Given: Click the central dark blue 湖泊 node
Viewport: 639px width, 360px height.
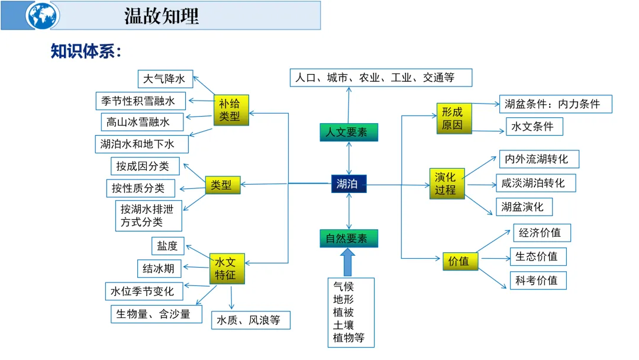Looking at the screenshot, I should pos(348,184).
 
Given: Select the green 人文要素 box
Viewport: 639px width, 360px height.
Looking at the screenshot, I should pos(348,132).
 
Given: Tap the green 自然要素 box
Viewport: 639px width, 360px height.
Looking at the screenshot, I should pos(348,238).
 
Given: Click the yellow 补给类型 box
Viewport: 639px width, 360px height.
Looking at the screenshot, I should pos(231,110).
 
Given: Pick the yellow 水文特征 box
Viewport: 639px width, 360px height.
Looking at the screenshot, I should pos(227,268).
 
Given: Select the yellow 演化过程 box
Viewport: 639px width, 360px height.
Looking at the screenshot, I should pos(447,183).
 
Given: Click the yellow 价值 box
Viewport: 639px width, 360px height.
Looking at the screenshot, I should pos(460,261).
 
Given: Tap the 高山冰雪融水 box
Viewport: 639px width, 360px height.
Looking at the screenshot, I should pos(142,122).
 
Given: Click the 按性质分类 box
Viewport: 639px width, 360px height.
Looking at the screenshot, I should pos(141,188).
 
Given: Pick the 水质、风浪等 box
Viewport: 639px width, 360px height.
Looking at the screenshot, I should pos(251,320).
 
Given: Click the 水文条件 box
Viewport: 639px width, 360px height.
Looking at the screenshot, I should pos(534,126).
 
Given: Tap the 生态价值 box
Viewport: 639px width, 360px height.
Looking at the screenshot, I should pos(538,256).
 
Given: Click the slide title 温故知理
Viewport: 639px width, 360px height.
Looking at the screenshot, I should pos(162,15).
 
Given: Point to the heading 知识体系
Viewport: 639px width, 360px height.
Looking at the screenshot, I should pos(85,52).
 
